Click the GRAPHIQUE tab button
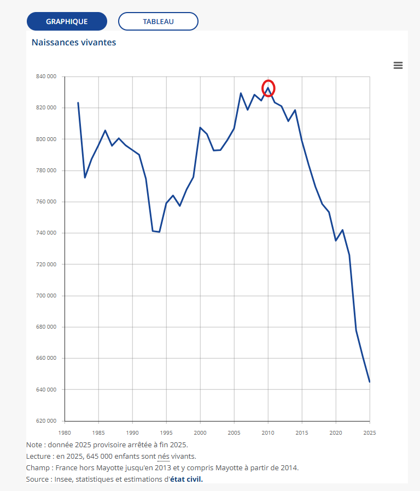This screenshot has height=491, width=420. [x=67, y=21]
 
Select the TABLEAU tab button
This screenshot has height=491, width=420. [x=158, y=21]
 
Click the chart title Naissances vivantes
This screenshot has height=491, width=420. [x=74, y=42]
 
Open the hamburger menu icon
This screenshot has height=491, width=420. [x=398, y=65]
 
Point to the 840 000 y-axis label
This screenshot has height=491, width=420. [x=46, y=77]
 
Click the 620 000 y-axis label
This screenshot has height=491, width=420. [x=46, y=421]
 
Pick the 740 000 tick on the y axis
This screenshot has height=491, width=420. [x=46, y=233]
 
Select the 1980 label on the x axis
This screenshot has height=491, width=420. [x=65, y=432]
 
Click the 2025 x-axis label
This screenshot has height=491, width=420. [x=370, y=432]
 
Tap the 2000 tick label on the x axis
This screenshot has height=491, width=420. [x=200, y=432]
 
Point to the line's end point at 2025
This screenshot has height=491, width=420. [x=370, y=382]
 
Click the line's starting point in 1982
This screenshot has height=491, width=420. [x=78, y=103]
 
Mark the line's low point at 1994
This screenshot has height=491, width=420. [x=160, y=232]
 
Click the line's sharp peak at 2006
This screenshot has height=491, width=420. [x=241, y=93]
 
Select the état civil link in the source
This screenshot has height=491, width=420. [x=186, y=480]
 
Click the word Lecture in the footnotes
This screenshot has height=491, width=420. [x=38, y=457]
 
